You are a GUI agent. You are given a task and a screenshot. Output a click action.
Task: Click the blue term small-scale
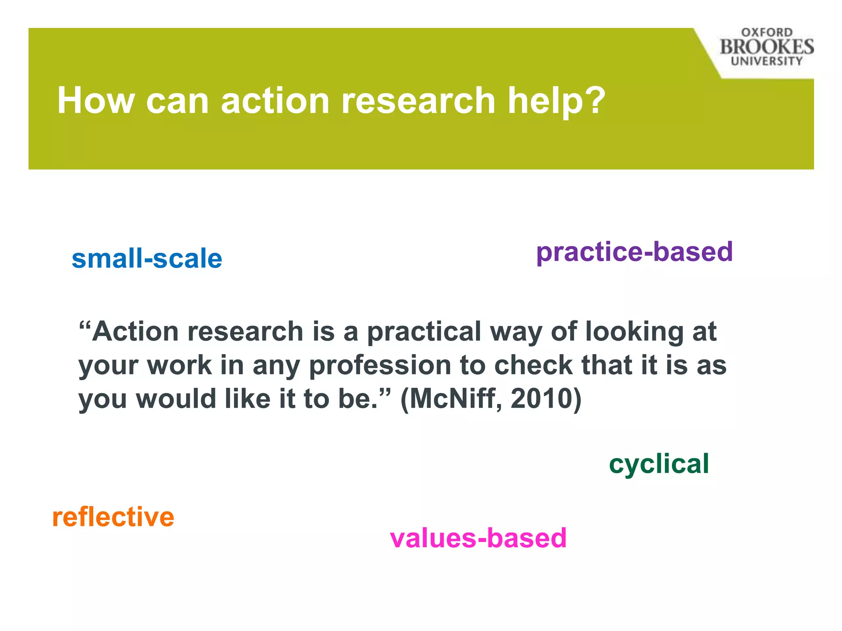(147, 259)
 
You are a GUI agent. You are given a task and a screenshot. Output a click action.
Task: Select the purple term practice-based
(634, 252)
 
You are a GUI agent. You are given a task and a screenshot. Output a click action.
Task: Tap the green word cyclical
(659, 464)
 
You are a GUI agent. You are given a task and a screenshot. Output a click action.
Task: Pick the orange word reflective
(113, 517)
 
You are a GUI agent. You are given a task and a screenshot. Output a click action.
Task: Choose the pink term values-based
(478, 538)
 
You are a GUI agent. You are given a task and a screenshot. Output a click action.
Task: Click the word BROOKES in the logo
(767, 47)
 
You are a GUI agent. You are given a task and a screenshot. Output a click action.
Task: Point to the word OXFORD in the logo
(767, 32)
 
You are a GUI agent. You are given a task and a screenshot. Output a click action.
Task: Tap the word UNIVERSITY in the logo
(767, 61)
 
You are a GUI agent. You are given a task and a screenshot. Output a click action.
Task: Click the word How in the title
(96, 101)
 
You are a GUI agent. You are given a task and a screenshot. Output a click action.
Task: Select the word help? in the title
(556, 101)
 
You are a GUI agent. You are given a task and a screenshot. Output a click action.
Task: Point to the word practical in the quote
(423, 331)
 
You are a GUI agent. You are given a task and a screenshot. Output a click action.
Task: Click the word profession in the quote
(380, 365)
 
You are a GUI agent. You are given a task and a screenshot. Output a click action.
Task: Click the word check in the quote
(533, 365)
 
